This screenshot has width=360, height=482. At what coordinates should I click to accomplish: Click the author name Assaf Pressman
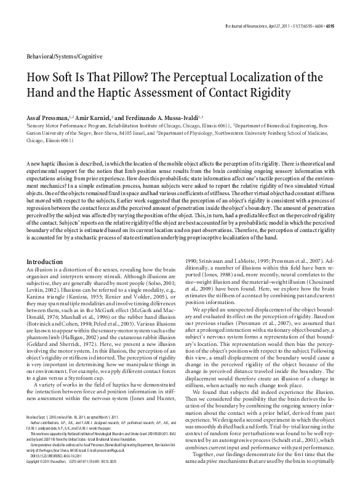click(50, 116)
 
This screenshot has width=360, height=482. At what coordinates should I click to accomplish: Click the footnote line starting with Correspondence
click(86, 461)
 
